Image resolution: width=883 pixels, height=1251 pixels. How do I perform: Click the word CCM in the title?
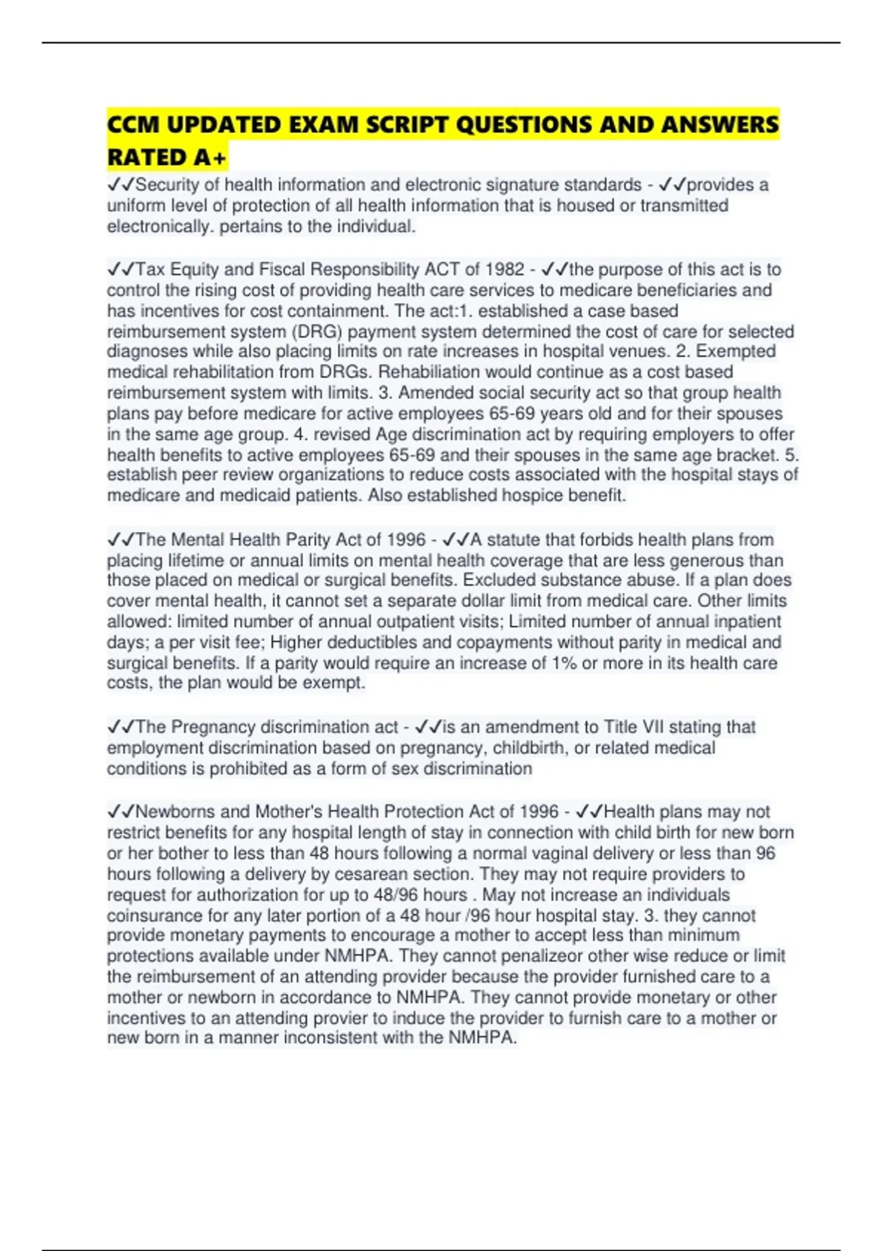[133, 124]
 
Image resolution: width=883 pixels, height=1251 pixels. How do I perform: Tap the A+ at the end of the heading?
[210, 157]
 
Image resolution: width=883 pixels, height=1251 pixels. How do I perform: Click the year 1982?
[504, 269]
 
